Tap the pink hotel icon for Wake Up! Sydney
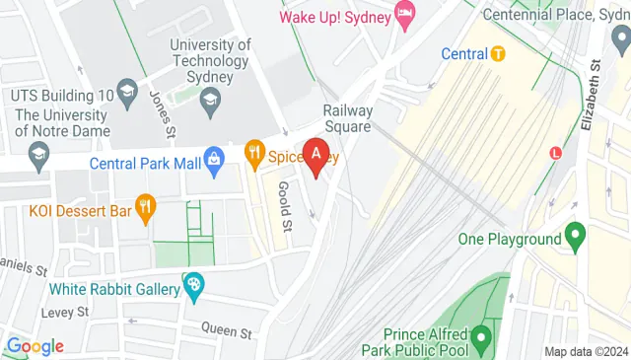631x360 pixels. [404, 13]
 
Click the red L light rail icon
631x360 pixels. [556, 153]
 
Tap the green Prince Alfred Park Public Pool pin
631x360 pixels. [480, 339]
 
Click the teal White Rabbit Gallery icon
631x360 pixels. [194, 287]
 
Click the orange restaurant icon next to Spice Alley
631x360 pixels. [254, 153]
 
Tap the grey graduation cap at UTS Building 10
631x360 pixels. [127, 93]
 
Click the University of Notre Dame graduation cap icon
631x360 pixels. [37, 153]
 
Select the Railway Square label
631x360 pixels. [347, 118]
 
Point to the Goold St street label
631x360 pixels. [285, 207]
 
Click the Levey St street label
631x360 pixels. [65, 312]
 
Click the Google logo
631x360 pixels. [35, 346]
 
